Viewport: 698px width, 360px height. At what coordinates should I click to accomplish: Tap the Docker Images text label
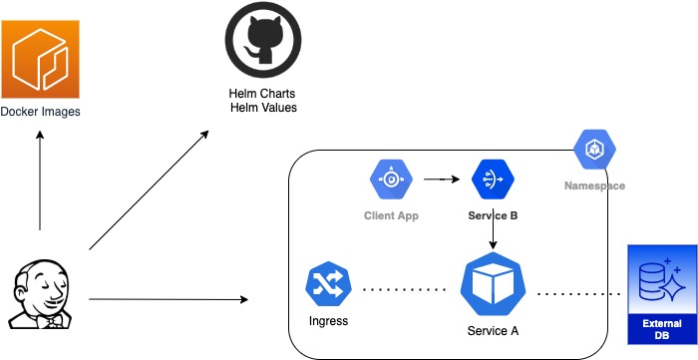41,112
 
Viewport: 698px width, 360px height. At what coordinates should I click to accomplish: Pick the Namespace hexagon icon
594,150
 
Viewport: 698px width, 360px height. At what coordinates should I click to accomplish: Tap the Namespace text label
594,186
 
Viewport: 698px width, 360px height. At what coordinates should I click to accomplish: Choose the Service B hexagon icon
493,180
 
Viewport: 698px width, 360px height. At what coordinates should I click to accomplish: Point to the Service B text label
493,215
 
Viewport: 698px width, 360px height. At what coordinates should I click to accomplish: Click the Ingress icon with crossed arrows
328,285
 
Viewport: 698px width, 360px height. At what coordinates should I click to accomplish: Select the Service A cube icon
493,286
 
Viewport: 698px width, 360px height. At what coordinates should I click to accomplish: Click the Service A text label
493,331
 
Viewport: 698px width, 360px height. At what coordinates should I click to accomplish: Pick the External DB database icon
660,280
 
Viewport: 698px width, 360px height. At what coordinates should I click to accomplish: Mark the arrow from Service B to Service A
494,235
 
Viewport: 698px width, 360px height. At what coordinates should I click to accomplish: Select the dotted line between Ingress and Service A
404,290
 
